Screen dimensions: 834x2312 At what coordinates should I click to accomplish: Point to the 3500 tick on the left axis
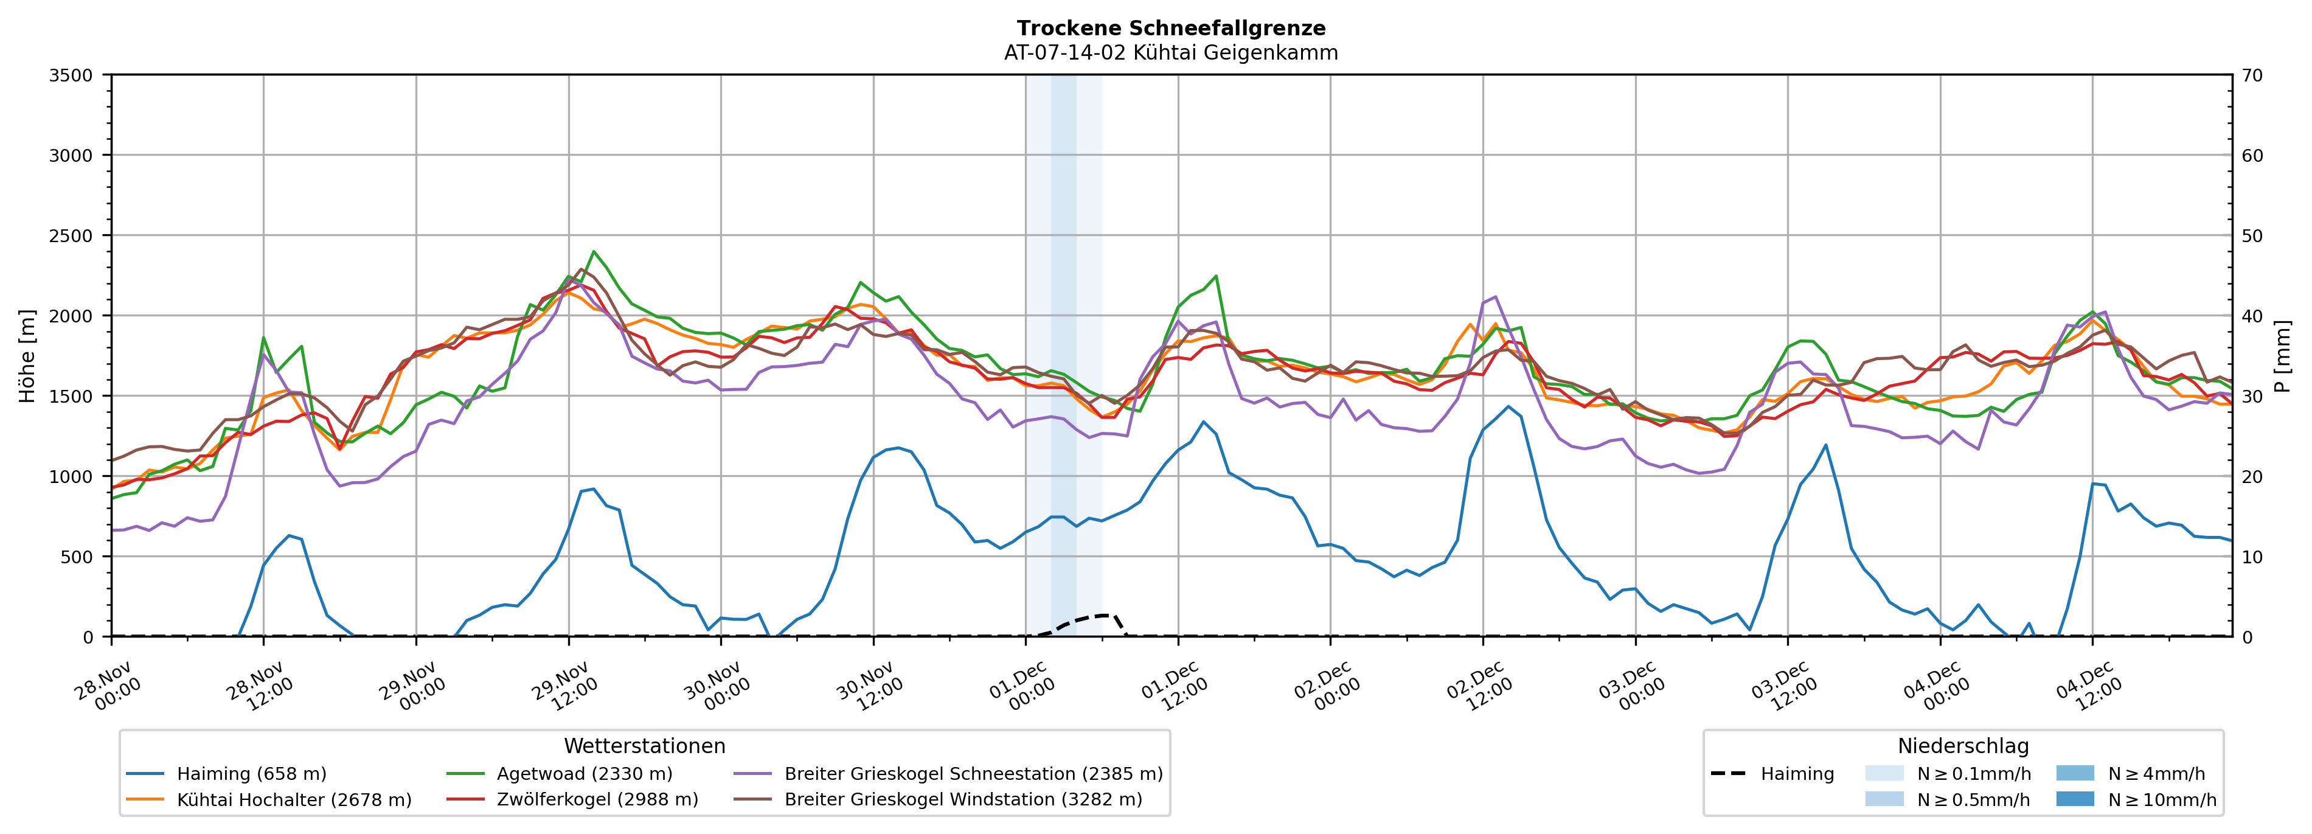[71, 75]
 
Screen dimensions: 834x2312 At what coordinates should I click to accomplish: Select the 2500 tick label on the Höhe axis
[71, 236]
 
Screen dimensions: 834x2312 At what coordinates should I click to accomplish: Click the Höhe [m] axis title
[28, 356]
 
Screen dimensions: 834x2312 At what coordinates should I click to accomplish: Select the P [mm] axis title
[2282, 356]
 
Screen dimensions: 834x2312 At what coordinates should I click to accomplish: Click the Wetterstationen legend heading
[644, 746]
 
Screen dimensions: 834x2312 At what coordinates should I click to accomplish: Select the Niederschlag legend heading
[1963, 746]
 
